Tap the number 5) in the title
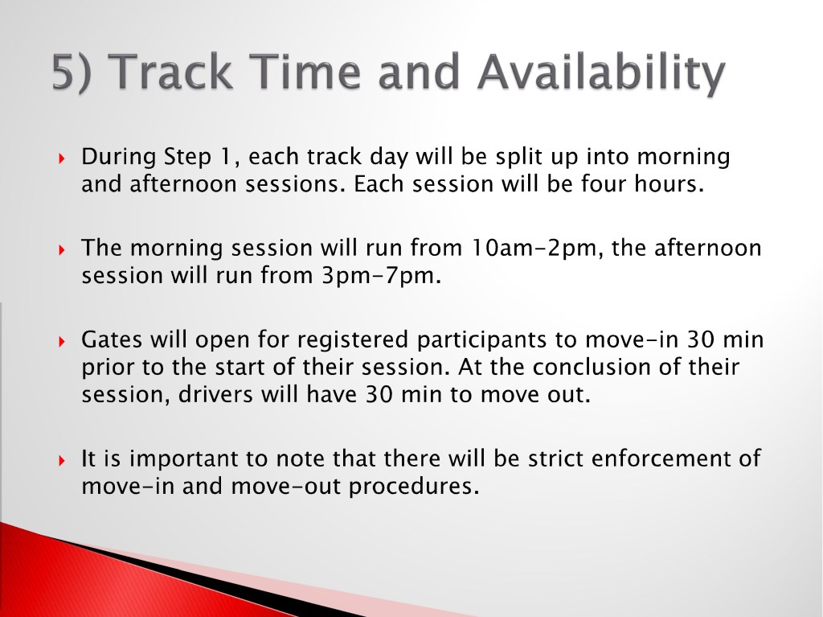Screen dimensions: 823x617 click(72, 73)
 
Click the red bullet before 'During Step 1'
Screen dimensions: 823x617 click(62, 158)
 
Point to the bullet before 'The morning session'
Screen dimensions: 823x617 click(62, 249)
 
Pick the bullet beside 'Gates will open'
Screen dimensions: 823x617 click(62, 341)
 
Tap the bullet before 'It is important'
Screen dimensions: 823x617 click(62, 460)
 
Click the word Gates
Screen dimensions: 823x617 click(112, 339)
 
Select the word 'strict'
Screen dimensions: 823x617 click(555, 459)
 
